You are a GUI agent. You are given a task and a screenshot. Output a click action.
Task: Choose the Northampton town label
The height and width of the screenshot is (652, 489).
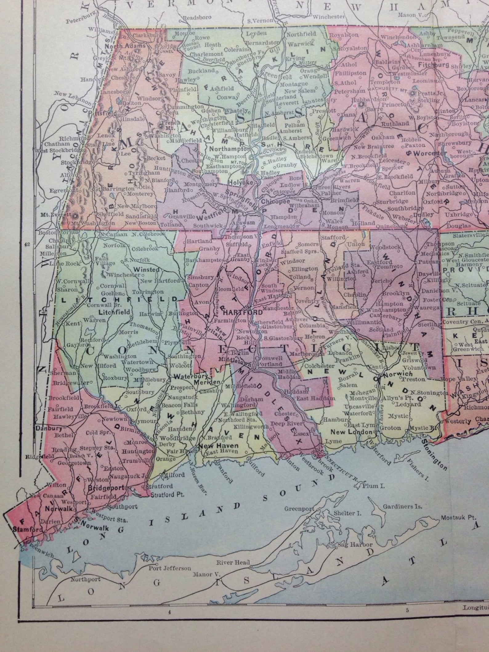[x=228, y=148]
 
